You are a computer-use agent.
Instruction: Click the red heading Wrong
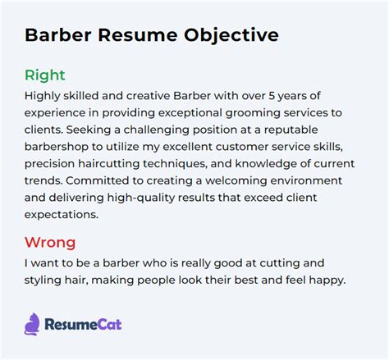[50, 242]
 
